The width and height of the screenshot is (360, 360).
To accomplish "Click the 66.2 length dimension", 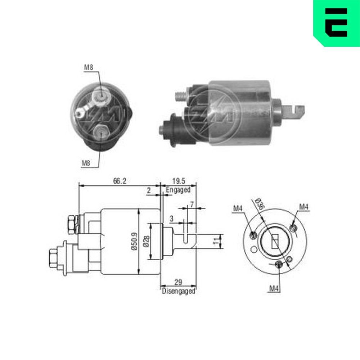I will (120, 181).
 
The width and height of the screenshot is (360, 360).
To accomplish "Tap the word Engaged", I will (178, 190).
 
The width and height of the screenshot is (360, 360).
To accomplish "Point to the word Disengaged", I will (179, 291).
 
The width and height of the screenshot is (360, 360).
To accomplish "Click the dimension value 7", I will (192, 204).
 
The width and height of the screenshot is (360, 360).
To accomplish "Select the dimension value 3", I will (172, 219).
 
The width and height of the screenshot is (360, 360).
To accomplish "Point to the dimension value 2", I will (148, 191).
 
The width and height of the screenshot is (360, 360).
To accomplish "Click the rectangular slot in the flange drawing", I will (275, 241).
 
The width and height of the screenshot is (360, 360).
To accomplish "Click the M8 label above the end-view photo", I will (89, 67).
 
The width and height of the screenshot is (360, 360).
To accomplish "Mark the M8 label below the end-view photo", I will (86, 163).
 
